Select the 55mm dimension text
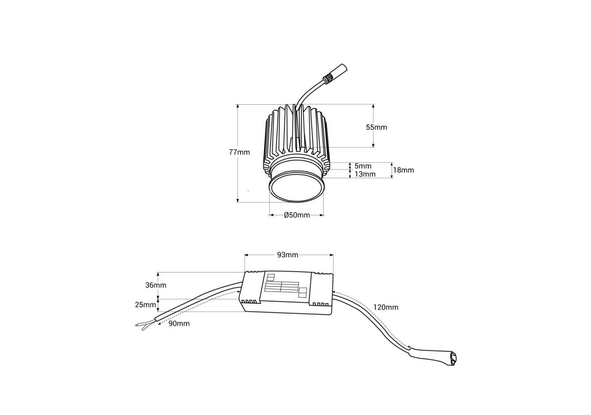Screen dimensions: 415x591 coord(376,127)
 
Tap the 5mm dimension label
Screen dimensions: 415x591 coord(363,166)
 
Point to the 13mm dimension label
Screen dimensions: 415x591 coord(365,174)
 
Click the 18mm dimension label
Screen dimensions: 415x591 coord(404,170)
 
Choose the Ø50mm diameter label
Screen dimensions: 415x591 coord(296,215)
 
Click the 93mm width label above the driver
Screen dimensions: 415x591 coord(288,255)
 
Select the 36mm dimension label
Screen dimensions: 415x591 coord(156,285)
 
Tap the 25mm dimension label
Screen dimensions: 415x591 coord(146,305)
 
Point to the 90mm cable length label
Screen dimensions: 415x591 coord(179,324)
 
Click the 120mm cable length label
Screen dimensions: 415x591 coord(386,307)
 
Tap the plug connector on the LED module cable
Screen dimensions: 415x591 coord(337,73)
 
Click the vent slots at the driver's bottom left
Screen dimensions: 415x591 coord(250,302)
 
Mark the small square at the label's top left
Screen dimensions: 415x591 coord(271,277)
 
